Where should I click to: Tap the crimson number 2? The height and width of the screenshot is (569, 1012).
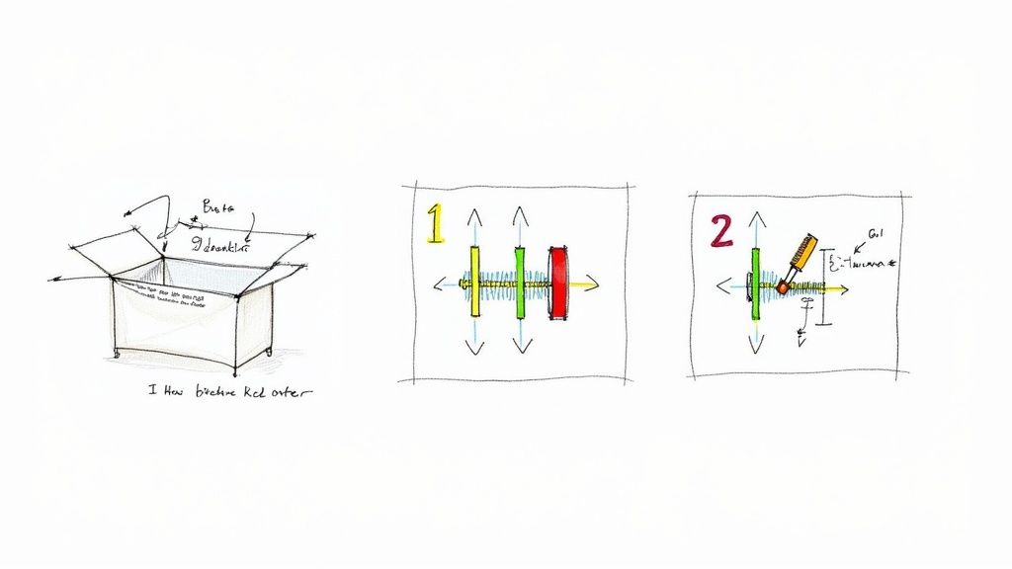coord(721,230)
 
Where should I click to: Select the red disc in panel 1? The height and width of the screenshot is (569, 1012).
coord(560,284)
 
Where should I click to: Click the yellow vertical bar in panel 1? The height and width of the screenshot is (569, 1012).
coord(475,282)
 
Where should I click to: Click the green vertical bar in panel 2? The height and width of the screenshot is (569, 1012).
coord(756,284)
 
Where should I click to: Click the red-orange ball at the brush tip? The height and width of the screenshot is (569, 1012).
coord(783,286)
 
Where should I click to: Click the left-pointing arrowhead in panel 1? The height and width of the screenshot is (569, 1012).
coord(438,285)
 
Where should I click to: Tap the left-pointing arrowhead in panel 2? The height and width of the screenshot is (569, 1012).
coord(721,286)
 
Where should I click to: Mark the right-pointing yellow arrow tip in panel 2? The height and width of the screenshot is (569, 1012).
coord(844,289)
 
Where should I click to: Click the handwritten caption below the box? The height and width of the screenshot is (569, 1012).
coord(229,392)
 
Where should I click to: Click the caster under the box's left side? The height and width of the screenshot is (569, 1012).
coord(117,353)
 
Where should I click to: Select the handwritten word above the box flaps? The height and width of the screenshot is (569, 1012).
coord(217,206)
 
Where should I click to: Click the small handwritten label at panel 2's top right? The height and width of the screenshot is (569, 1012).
coord(875,234)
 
